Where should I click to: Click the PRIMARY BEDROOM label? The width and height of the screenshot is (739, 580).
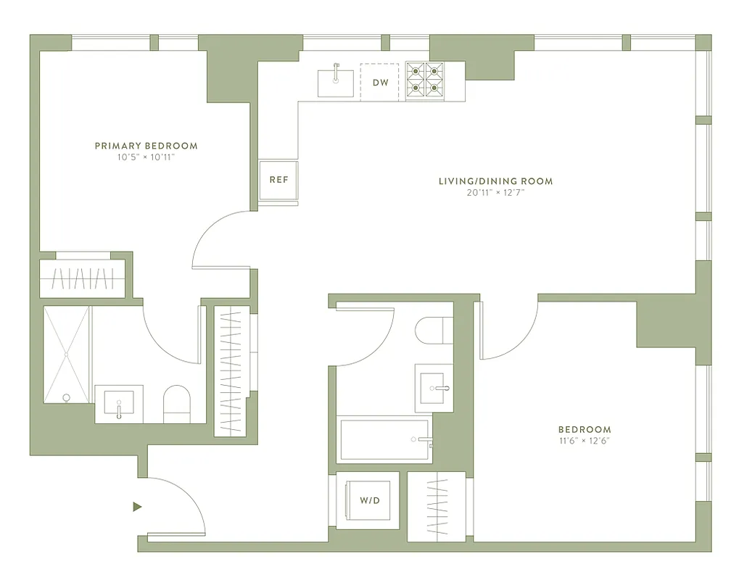coord(146,146)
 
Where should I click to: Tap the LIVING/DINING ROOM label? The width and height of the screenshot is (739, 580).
coord(495,181)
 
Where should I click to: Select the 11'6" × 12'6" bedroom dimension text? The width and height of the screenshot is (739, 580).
coord(584,441)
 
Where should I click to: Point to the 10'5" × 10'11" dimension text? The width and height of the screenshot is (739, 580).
coord(146,157)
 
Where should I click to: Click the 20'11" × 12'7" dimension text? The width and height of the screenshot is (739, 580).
coord(495,193)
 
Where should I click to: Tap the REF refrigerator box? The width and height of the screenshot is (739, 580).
coord(278,180)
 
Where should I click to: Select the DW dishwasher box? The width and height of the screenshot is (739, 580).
coord(381,83)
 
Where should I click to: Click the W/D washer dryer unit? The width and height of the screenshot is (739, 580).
coord(368,500)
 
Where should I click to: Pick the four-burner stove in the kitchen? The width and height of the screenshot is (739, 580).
coord(424,80)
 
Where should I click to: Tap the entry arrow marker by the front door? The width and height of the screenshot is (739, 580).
coord(137,507)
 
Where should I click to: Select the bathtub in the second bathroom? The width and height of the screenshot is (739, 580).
coord(385,439)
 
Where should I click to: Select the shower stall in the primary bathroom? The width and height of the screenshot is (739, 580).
coord(66,355)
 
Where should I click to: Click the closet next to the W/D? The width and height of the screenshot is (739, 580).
coord(435,505)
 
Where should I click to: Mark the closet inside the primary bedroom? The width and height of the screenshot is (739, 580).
coord(82,278)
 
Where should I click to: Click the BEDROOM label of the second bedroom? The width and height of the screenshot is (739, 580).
coord(584,429)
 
